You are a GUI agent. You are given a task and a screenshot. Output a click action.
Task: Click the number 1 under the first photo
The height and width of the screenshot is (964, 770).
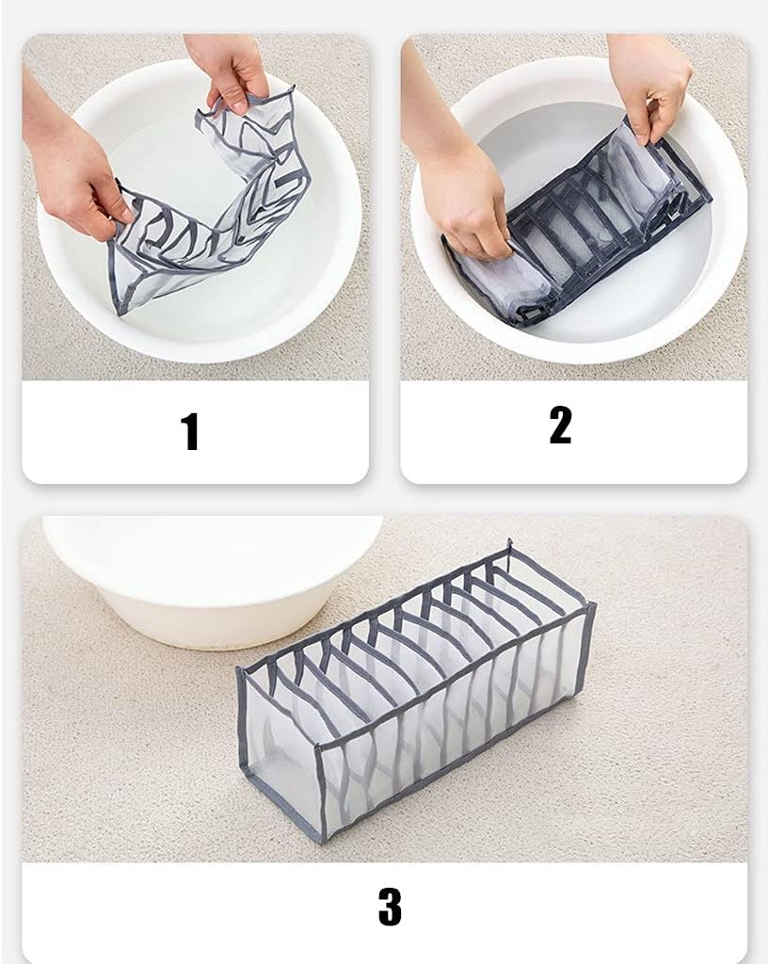[190, 432]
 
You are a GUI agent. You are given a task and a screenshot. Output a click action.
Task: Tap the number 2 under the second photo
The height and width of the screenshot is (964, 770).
[560, 426]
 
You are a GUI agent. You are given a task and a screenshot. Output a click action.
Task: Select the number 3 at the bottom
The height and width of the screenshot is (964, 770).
[389, 906]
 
